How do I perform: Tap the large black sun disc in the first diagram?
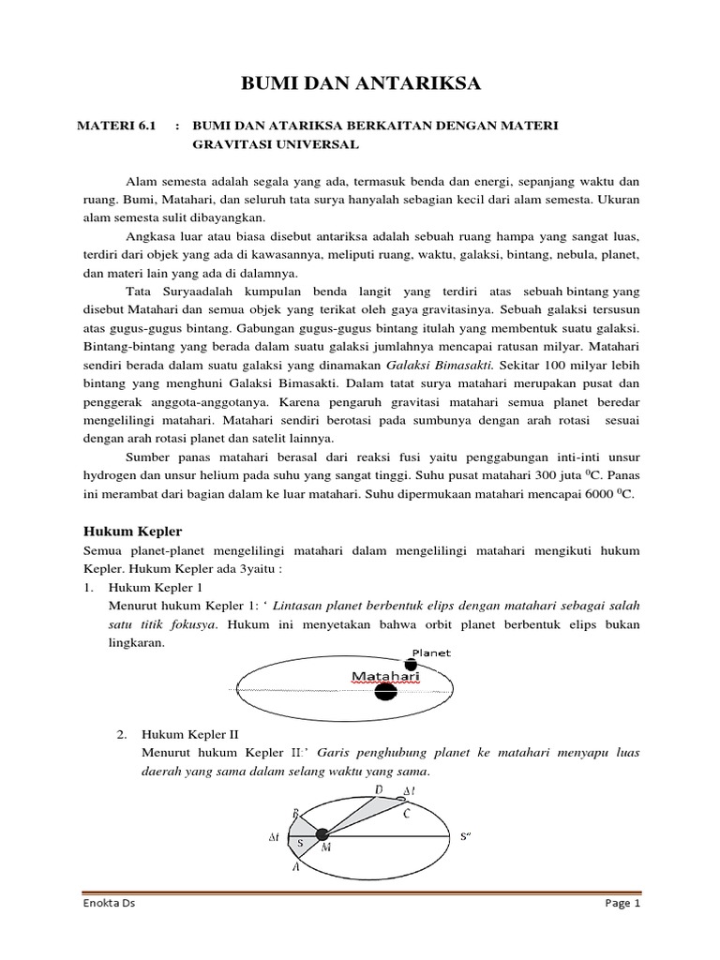point(384,693)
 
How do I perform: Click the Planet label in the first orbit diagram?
point(431,652)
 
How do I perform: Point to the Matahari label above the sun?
point(385,675)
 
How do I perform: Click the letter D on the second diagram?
point(378,791)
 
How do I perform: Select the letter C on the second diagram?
point(406,813)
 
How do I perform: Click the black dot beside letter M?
point(322,834)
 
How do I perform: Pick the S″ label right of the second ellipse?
point(466,835)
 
